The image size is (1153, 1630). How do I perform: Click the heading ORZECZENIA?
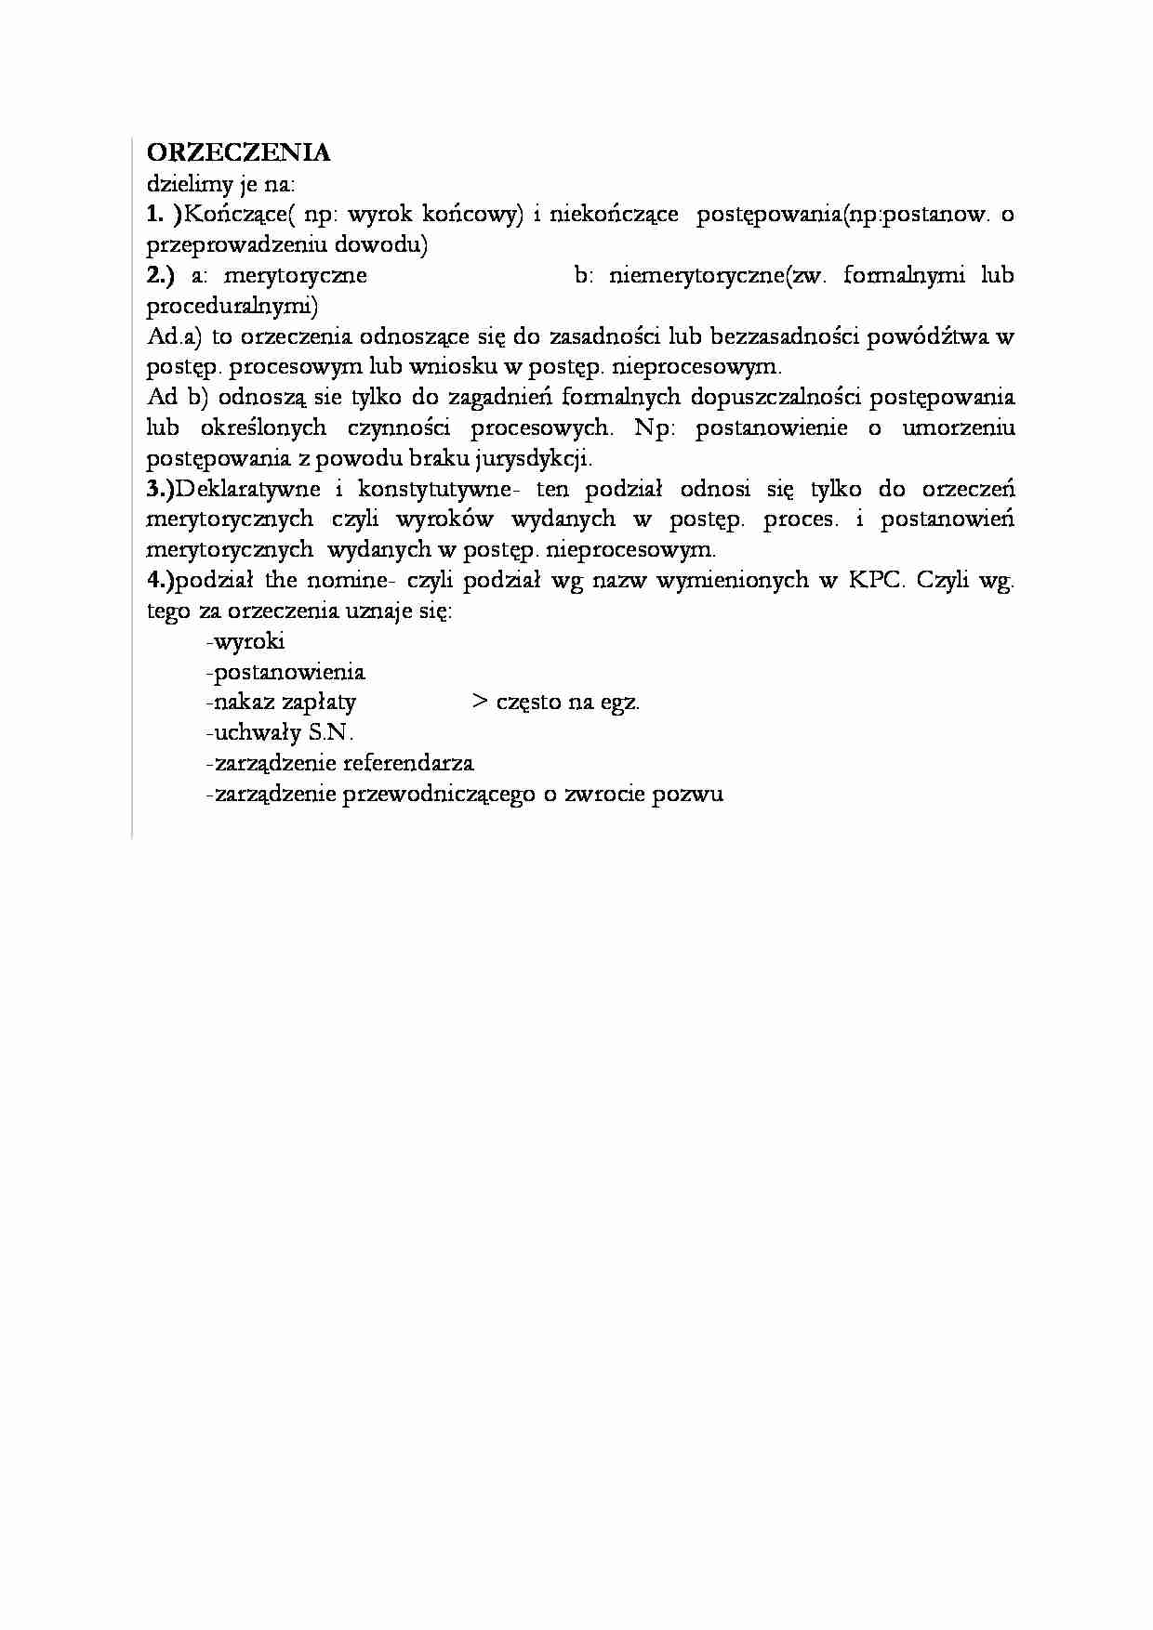pos(238,152)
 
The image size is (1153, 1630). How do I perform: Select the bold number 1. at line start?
pos(156,214)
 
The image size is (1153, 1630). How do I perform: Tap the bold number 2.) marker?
pos(161,275)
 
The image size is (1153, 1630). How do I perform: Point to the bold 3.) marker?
pos(161,489)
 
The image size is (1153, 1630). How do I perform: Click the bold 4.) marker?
pos(161,581)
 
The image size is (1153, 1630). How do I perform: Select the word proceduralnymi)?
pos(232,306)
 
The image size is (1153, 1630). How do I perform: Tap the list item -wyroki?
pos(245,641)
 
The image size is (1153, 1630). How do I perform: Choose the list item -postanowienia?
pos(285,672)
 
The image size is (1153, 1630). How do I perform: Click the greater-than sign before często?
pos(480,702)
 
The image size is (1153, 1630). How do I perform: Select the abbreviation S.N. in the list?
pos(331,732)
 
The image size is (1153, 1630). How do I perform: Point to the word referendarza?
pos(408,763)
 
